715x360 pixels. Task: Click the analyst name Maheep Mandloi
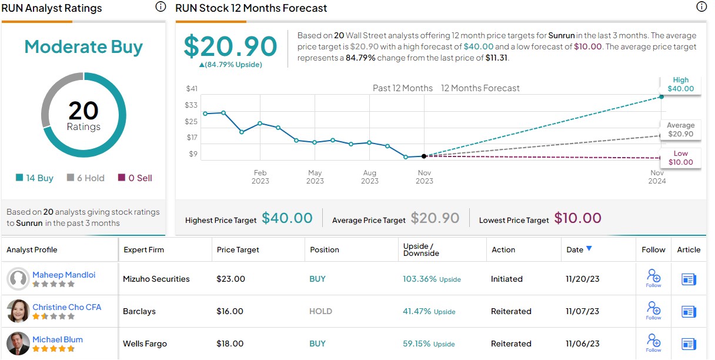(x=64, y=275)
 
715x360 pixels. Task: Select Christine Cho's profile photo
(x=18, y=311)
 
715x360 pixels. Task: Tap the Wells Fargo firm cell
(x=145, y=344)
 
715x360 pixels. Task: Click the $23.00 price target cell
(x=230, y=279)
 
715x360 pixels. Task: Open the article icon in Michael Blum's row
(x=689, y=344)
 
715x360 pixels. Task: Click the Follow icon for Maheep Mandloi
(x=653, y=278)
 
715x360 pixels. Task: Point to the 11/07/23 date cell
(x=583, y=311)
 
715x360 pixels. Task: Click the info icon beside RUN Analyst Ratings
(x=161, y=7)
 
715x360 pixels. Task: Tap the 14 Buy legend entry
(x=35, y=178)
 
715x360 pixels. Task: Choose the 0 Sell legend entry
(x=135, y=178)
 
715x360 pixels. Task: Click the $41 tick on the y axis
(x=192, y=88)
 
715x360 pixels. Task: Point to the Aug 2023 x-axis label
(x=369, y=176)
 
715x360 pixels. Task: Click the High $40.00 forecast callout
(x=680, y=85)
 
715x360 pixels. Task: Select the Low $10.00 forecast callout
(x=680, y=158)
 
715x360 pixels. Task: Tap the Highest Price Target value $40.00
(x=287, y=218)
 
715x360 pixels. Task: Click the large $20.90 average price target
(x=230, y=46)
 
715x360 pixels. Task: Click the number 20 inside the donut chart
(x=83, y=111)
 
